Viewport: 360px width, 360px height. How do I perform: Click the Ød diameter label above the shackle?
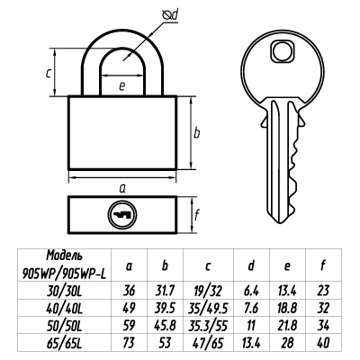(170, 15)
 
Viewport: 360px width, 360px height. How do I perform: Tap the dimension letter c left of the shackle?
(49, 73)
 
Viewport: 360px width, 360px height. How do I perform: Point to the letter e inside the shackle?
(121, 86)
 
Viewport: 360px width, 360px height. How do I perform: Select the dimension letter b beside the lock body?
(196, 132)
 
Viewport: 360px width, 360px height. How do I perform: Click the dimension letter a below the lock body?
(122, 189)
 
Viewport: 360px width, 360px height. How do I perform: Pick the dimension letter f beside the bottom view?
(197, 214)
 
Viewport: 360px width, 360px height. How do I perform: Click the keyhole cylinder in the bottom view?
(122, 215)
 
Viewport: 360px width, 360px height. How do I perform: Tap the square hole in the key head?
(282, 51)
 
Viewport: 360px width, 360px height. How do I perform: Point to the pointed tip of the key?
(281, 222)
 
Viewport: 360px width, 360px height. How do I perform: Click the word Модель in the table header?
(64, 256)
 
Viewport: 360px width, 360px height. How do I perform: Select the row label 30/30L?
(64, 291)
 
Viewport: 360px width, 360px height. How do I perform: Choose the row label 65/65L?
(64, 343)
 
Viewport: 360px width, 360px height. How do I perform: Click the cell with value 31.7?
(165, 291)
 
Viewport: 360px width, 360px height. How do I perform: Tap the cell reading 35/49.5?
(208, 308)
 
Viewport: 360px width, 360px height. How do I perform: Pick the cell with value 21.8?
(287, 326)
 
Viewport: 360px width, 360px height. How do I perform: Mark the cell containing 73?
(129, 343)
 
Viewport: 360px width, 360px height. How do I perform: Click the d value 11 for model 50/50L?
(251, 326)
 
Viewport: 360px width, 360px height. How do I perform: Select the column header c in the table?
(208, 266)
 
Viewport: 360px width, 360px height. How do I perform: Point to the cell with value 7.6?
(251, 308)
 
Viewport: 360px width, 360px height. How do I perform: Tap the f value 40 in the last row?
(323, 343)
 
